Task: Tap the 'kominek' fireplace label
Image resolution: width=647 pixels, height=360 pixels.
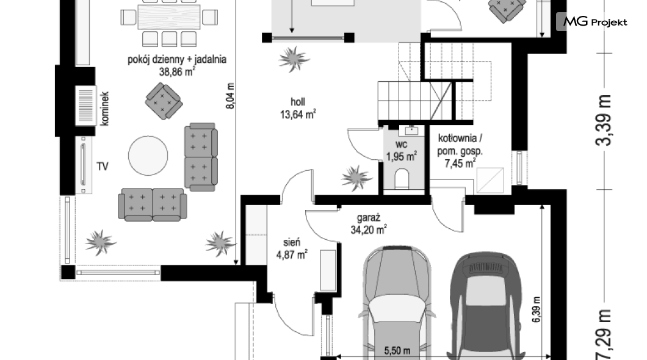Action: [x=104, y=109]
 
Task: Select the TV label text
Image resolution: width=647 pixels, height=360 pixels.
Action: [x=103, y=166]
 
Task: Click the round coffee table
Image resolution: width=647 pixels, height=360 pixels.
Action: [x=148, y=156]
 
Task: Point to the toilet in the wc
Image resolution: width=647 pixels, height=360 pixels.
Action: [x=402, y=179]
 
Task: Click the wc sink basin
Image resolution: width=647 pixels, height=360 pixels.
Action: [x=411, y=131]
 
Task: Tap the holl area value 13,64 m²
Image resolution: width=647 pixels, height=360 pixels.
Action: [x=298, y=114]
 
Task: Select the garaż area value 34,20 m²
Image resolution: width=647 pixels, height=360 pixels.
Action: [x=369, y=229]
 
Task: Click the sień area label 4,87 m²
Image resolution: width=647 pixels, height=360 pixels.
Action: [x=292, y=254]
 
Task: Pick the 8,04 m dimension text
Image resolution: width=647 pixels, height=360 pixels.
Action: [x=230, y=96]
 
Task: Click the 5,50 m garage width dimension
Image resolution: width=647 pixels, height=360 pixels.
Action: [x=397, y=350]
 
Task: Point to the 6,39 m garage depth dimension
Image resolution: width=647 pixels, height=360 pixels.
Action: [x=535, y=310]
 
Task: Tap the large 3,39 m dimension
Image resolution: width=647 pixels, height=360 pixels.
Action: [x=604, y=120]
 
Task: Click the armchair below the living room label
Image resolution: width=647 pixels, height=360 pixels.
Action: [x=164, y=101]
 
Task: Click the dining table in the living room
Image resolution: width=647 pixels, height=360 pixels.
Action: [x=169, y=16]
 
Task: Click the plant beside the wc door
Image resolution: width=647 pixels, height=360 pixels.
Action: [x=356, y=178]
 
